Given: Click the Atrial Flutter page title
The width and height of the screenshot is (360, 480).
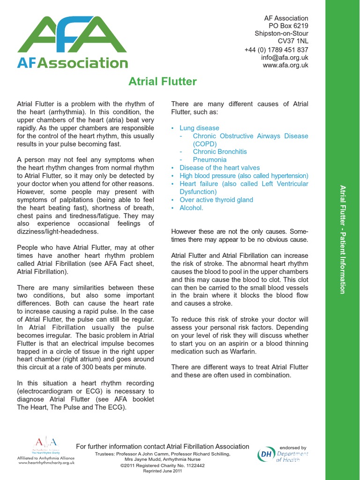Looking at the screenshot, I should pyautogui.click(x=163, y=82).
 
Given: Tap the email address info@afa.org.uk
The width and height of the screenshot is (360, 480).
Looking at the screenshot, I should pyautogui.click(x=285, y=58).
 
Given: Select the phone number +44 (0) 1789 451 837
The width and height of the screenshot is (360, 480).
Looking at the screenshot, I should pyautogui.click(x=276, y=50).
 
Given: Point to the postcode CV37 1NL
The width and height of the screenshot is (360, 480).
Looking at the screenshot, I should pyautogui.click(x=293, y=41).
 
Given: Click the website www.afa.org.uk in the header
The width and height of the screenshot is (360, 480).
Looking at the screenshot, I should pyautogui.click(x=285, y=66).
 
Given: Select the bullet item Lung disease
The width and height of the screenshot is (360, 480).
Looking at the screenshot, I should pyautogui.click(x=199, y=128).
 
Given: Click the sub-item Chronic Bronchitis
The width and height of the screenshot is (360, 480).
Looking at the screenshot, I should pyautogui.click(x=219, y=152).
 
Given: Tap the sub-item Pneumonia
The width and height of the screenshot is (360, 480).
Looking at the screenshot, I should pyautogui.click(x=210, y=160).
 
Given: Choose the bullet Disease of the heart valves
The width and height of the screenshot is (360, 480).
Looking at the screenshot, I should pyautogui.click(x=219, y=168).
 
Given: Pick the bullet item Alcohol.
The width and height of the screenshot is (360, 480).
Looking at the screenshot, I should pyautogui.click(x=191, y=208).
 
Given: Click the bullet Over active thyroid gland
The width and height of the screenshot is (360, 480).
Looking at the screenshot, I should pyautogui.click(x=216, y=200).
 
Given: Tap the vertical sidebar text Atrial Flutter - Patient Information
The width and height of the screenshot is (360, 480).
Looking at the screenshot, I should pyautogui.click(x=343, y=240).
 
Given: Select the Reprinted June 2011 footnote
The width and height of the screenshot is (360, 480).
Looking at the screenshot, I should pyautogui.click(x=163, y=471).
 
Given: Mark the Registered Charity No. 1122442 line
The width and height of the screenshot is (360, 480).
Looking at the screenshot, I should pyautogui.click(x=163, y=465).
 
